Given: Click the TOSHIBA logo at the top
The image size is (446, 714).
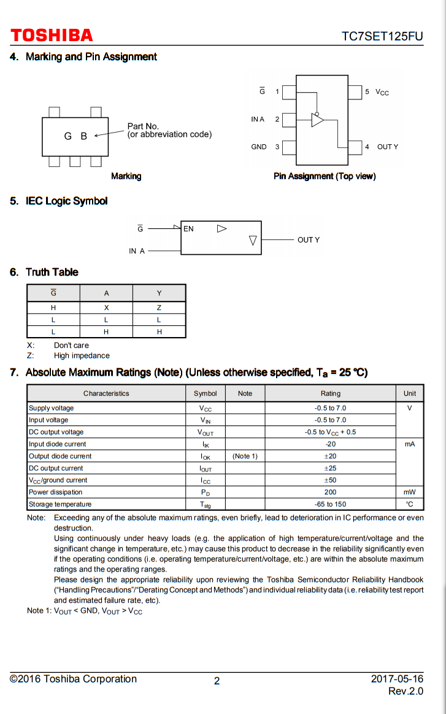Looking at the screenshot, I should pyautogui.click(x=52, y=36).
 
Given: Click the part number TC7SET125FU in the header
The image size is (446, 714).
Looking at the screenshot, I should pyautogui.click(x=382, y=36).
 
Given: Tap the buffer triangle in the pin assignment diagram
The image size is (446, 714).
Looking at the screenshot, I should pyautogui.click(x=317, y=120).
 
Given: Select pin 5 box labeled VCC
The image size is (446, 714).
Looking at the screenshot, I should pyautogui.click(x=355, y=92).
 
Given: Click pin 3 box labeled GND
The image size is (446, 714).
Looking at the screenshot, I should pyautogui.click(x=289, y=147).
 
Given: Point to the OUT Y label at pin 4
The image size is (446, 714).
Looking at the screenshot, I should pyautogui.click(x=388, y=147).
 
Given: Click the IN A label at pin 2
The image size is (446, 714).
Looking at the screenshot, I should pyautogui.click(x=258, y=120).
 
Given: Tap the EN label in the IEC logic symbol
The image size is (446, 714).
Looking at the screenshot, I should pyautogui.click(x=188, y=229).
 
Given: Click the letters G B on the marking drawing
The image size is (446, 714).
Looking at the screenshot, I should pyautogui.click(x=75, y=136).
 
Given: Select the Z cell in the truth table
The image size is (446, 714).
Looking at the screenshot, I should pyautogui.click(x=159, y=308).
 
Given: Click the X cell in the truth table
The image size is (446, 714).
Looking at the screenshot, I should pyautogui.click(x=106, y=308).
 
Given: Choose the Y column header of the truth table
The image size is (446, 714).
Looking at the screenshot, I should pyautogui.click(x=159, y=293).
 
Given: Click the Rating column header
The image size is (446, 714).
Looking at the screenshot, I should pyautogui.click(x=330, y=394).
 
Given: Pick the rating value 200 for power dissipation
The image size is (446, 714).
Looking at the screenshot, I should pyautogui.click(x=330, y=492).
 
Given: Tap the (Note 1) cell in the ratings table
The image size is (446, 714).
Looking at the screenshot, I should pyautogui.click(x=245, y=456).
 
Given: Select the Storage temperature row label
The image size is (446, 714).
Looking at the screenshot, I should pyautogui.click(x=60, y=505).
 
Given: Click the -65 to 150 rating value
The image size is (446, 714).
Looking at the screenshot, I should pyautogui.click(x=330, y=505).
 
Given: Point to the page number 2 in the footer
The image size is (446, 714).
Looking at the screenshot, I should pyautogui.click(x=217, y=681).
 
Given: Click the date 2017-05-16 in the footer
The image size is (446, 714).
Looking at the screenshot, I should pyautogui.click(x=397, y=679).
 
